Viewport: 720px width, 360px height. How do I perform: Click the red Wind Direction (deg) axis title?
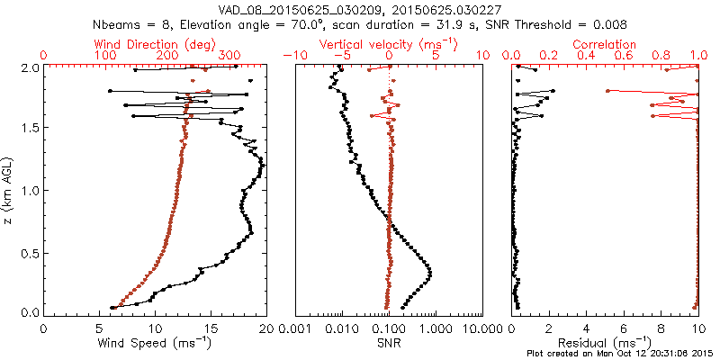tap(155, 44)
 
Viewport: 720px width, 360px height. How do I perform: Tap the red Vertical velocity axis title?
tap(389, 44)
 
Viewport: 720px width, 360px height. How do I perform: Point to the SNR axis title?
tap(389, 343)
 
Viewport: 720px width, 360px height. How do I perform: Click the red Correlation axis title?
tap(604, 44)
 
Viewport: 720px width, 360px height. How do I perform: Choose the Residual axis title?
tap(604, 343)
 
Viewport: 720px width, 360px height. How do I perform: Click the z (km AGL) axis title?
tap(7, 190)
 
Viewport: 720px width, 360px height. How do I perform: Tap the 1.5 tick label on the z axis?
tap(31, 127)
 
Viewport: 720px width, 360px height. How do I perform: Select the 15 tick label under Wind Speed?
tap(211, 328)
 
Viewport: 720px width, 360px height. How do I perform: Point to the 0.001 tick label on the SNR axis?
tap(296, 328)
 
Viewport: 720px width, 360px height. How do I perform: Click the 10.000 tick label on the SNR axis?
tap(481, 328)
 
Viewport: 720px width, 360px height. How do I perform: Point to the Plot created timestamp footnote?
tap(623, 354)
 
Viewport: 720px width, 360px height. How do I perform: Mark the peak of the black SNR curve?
tap(430, 274)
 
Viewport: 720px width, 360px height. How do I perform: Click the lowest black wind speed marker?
tap(112, 308)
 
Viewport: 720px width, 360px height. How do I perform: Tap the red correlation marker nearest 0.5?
tap(607, 91)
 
